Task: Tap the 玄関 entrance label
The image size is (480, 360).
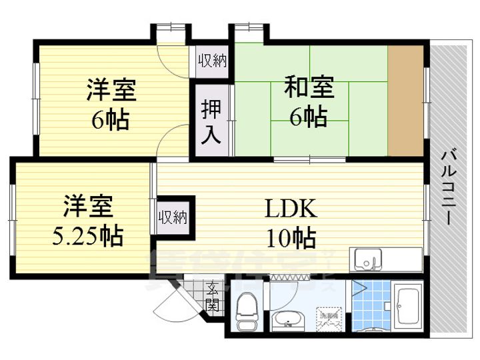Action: pyautogui.click(x=212, y=297)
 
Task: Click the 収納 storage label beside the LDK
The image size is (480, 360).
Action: pyautogui.click(x=173, y=217)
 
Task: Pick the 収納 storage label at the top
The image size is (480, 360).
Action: pyautogui.click(x=213, y=61)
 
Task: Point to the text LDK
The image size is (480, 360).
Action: pyautogui.click(x=287, y=209)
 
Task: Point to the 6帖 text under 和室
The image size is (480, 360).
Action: pyautogui.click(x=307, y=117)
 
